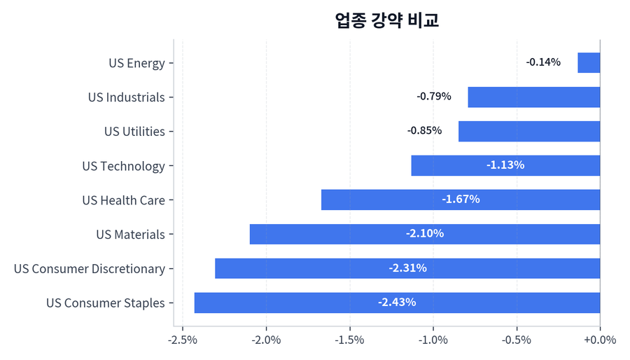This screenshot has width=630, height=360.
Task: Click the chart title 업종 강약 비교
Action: coord(387,20)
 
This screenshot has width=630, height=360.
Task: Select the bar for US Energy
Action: coord(589,62)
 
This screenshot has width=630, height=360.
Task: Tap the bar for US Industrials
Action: coord(533,97)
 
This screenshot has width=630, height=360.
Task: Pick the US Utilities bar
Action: coord(529,131)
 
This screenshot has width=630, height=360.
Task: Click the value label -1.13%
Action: coord(505,165)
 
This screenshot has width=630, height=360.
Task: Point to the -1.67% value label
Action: coord(461,200)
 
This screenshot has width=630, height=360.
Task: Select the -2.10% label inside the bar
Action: coord(425,234)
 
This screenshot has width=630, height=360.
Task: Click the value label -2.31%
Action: coord(407,268)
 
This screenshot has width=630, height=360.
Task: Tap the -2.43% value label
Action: coord(397,303)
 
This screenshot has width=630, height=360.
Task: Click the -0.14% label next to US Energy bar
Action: coord(543,62)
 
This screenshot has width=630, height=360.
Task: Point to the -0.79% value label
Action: coord(434,97)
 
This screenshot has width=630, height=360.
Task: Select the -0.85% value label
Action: coord(424,131)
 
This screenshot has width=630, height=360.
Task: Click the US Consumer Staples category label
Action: coord(106,303)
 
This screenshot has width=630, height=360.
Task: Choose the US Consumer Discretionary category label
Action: coord(90,269)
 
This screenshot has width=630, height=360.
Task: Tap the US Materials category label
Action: coord(130,235)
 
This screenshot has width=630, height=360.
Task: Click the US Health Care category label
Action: coord(123,200)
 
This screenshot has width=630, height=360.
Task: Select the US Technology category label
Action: coord(123,166)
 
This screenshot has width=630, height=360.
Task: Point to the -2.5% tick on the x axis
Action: coord(183,340)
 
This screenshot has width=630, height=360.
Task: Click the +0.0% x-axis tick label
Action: coord(600,340)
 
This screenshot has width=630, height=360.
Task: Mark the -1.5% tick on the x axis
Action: coord(349,340)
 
